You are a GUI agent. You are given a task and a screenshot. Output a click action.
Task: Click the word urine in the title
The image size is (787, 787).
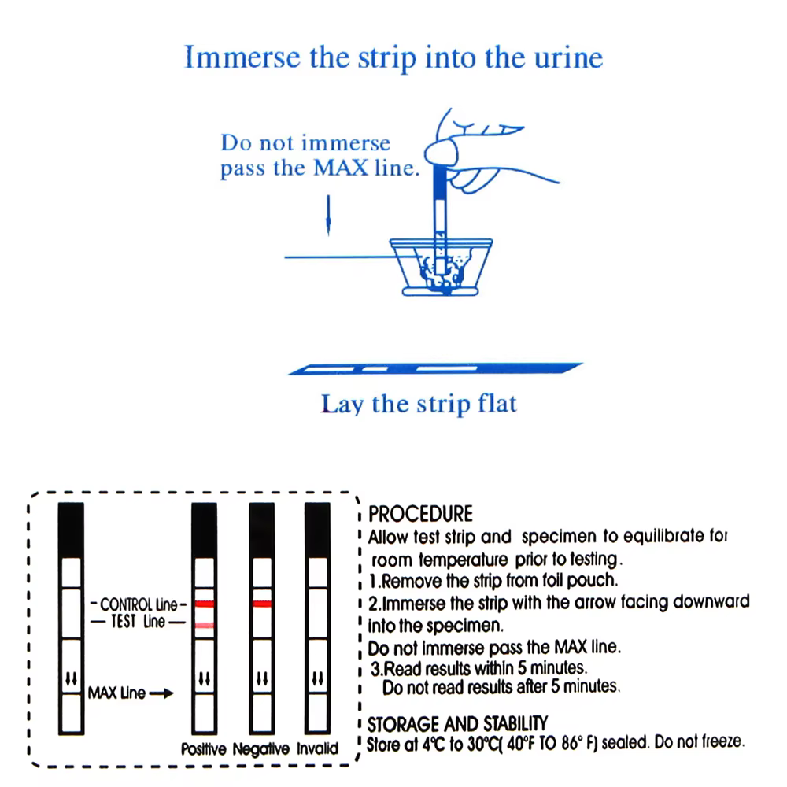tap(568, 57)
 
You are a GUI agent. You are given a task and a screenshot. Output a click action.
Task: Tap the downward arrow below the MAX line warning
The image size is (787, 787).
tap(328, 216)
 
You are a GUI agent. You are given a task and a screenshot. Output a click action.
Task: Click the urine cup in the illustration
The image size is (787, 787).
tap(441, 267)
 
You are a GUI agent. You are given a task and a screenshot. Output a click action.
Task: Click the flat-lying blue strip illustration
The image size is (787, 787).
tap(434, 368)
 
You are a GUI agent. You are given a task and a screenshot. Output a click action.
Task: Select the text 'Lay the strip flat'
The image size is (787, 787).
tap(419, 404)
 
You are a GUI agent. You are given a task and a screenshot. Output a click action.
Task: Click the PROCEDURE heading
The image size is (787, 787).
tap(420, 514)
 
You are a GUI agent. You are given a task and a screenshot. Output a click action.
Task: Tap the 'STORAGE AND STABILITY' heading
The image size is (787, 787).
tap(457, 724)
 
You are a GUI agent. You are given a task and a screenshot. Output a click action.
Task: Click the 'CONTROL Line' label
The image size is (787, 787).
tap(139, 604)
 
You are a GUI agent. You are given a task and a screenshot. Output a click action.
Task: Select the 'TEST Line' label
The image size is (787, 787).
tap(138, 622)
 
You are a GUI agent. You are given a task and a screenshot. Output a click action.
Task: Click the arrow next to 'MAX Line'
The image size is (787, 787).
tap(161, 693)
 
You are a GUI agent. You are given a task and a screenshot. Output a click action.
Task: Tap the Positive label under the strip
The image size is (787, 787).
tap(203, 749)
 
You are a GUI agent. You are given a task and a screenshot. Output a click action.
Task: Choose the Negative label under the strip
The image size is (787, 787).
tap(261, 749)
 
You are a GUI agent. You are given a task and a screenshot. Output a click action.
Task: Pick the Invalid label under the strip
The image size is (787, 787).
tap(317, 748)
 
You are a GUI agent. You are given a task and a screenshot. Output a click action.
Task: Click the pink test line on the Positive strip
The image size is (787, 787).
tap(205, 626)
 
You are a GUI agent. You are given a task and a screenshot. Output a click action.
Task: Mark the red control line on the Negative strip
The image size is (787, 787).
tap(262, 604)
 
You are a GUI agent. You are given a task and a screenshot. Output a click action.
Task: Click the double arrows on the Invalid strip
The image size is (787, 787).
tap(318, 678)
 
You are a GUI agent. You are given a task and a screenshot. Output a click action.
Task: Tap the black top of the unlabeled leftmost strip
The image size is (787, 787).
tap(71, 530)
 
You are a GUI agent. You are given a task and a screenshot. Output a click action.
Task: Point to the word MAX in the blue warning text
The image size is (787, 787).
tap(341, 168)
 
